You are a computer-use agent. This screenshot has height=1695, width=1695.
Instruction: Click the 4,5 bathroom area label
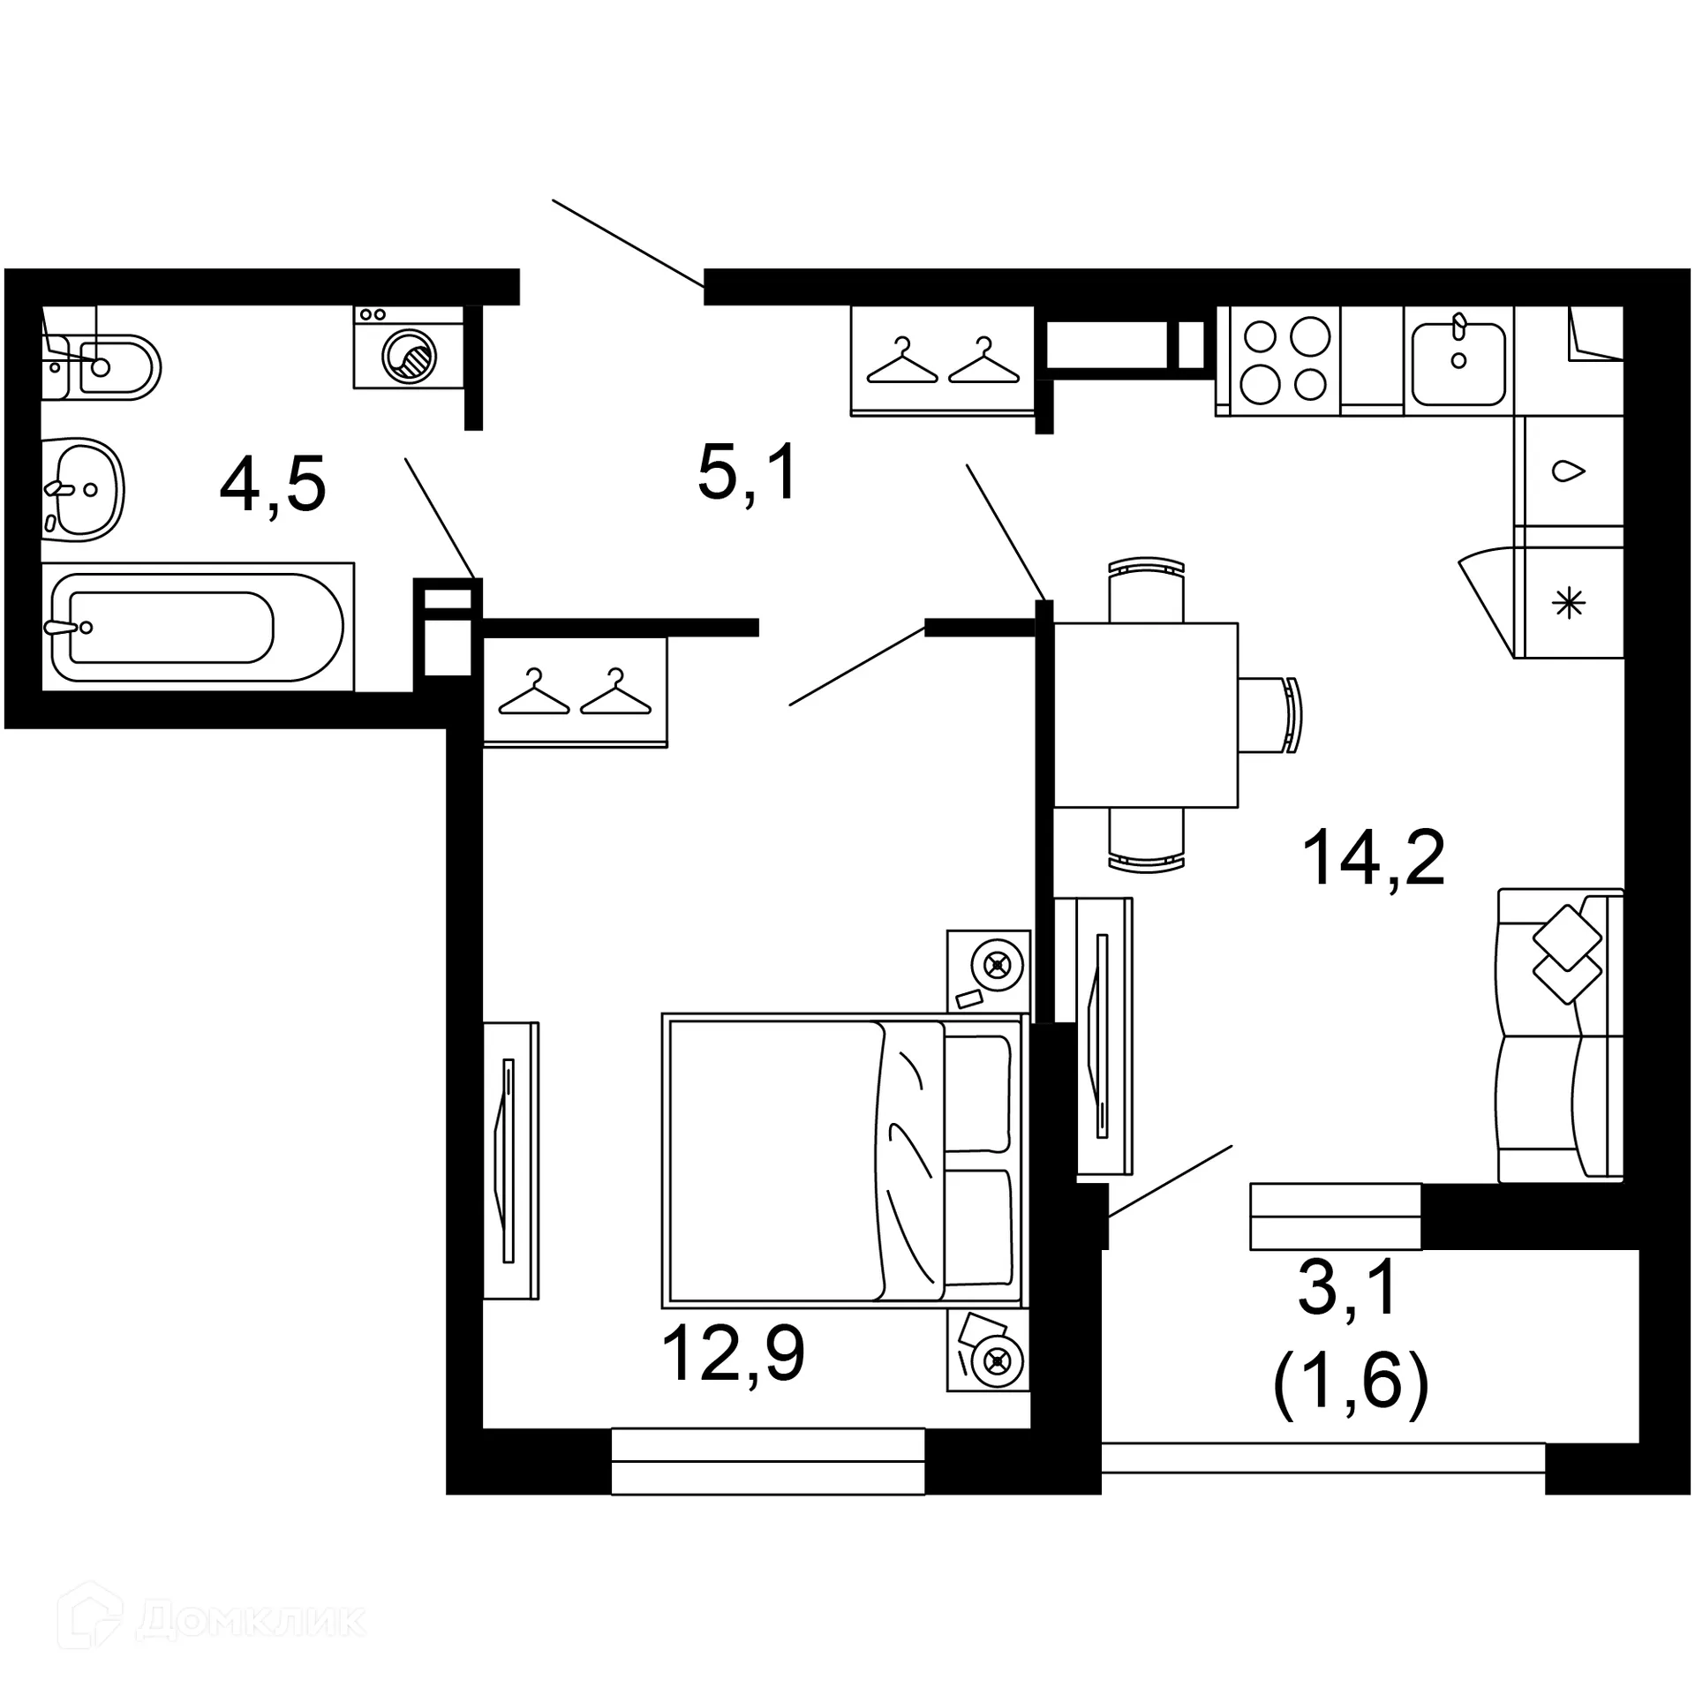273,485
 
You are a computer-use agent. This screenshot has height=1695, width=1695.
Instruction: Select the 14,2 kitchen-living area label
1373,857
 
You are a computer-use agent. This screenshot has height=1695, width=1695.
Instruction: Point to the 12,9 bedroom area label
732,1355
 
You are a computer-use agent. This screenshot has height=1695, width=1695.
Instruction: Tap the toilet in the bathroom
110,366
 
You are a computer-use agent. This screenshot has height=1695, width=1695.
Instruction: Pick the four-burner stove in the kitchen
1284,360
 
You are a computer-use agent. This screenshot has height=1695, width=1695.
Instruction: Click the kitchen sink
1458,363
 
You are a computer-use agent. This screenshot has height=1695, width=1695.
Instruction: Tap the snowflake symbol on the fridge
1569,604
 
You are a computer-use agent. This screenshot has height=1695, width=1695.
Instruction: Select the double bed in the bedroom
843,1161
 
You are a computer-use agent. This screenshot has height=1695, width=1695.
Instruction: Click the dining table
1145,714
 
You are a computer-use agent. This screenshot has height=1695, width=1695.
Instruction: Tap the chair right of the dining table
1271,714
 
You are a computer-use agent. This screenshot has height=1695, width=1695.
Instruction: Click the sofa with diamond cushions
1560,1035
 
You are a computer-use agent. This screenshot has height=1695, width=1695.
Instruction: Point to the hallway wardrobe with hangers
942,359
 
